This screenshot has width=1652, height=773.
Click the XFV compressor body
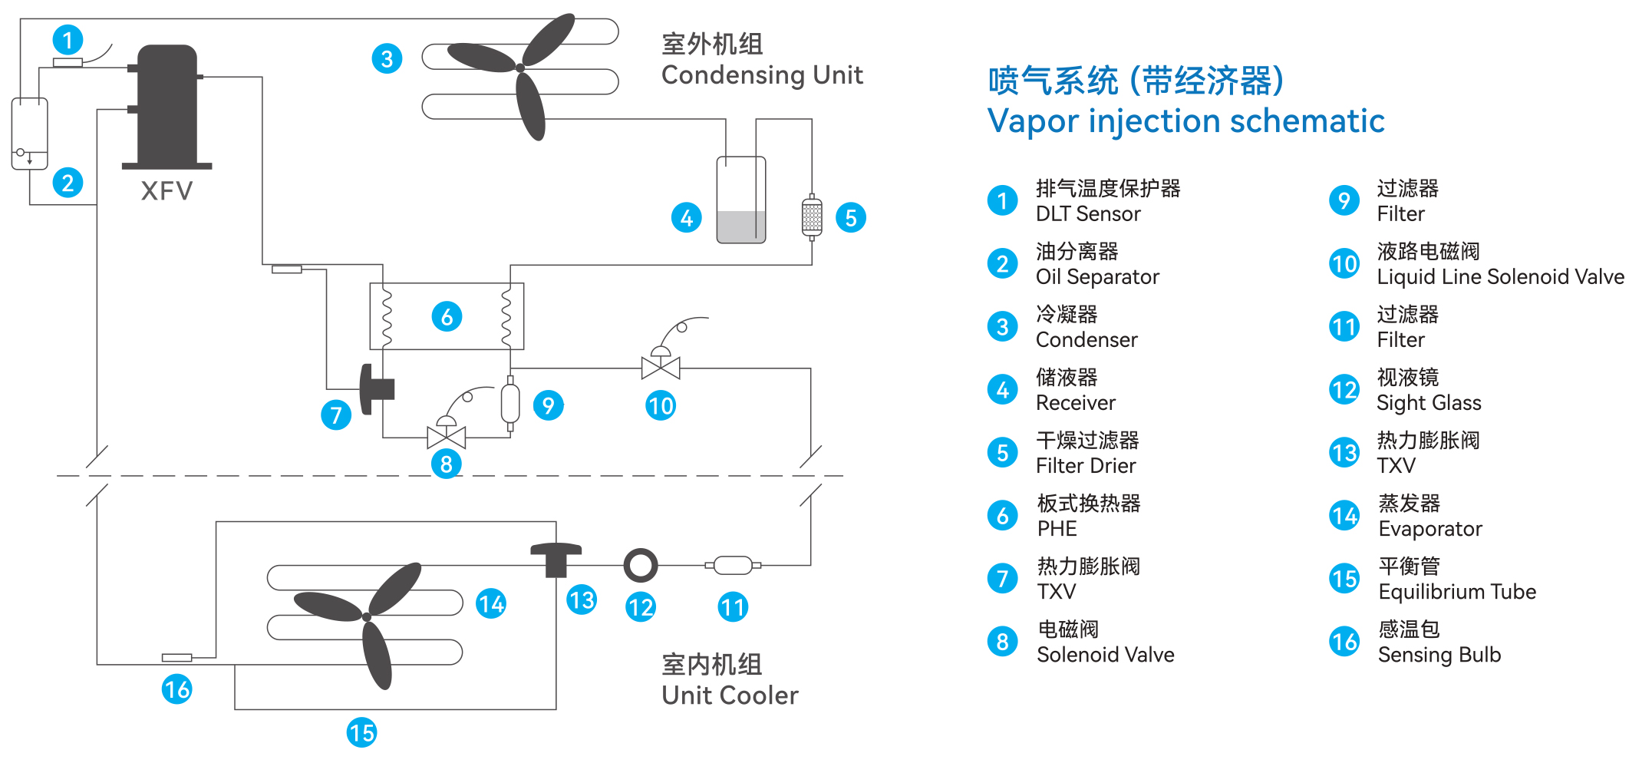click(167, 106)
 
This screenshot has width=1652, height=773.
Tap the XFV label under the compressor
click(167, 190)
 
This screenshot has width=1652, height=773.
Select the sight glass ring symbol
click(641, 566)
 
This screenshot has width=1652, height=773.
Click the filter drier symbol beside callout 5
click(812, 217)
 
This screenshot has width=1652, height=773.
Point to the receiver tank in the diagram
click(741, 200)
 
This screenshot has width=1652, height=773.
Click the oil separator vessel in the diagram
click(30, 134)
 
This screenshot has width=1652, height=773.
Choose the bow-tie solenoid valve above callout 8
click(447, 437)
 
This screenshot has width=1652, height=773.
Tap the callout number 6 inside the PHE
click(447, 316)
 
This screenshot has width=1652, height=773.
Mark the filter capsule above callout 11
click(733, 566)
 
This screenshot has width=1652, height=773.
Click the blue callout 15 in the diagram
click(361, 732)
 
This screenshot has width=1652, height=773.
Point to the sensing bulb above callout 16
click(176, 657)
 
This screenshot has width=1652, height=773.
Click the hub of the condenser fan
click(520, 68)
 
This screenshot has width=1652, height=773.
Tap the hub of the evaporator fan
click(367, 617)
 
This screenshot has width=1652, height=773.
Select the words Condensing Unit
click(762, 75)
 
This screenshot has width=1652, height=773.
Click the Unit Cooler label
click(730, 695)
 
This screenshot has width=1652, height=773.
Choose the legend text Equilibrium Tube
click(1457, 592)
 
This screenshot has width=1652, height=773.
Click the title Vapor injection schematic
click(1185, 121)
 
